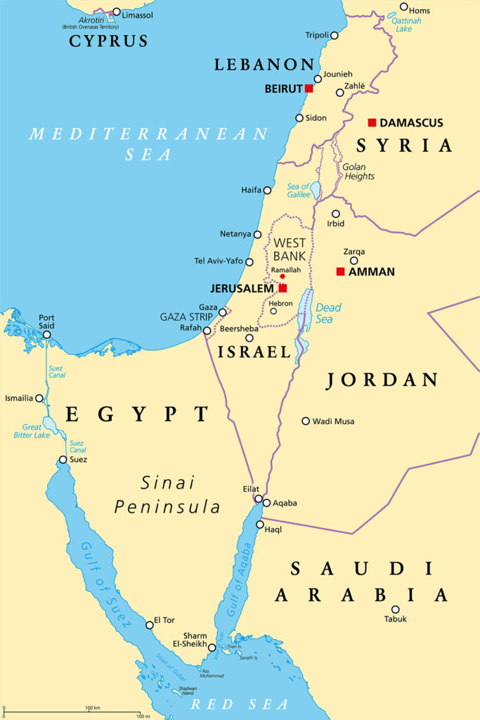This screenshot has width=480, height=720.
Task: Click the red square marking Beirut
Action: tap(309, 88)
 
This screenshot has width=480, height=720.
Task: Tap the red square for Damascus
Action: tap(372, 122)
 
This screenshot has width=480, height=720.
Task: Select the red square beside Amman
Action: tap(340, 271)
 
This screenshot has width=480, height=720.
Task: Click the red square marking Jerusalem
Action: tap(283, 288)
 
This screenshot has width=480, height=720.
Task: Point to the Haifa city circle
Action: tap(267, 190)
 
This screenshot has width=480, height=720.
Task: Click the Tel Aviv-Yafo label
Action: tap(218, 261)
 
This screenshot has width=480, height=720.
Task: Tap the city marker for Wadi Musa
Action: tap(306, 421)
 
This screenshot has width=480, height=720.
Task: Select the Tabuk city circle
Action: tap(395, 610)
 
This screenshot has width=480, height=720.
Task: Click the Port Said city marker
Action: tap(46, 335)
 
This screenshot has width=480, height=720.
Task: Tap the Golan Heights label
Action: tap(358, 172)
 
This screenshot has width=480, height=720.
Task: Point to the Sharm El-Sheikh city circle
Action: tap(212, 648)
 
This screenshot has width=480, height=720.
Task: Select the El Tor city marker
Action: tap(148, 624)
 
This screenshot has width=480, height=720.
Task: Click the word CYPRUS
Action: tap(108, 41)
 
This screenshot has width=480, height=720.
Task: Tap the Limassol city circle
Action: tap(117, 13)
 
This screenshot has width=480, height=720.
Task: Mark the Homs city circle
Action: tap(403, 7)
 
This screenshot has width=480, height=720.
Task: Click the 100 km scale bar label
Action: tap(91, 707)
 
